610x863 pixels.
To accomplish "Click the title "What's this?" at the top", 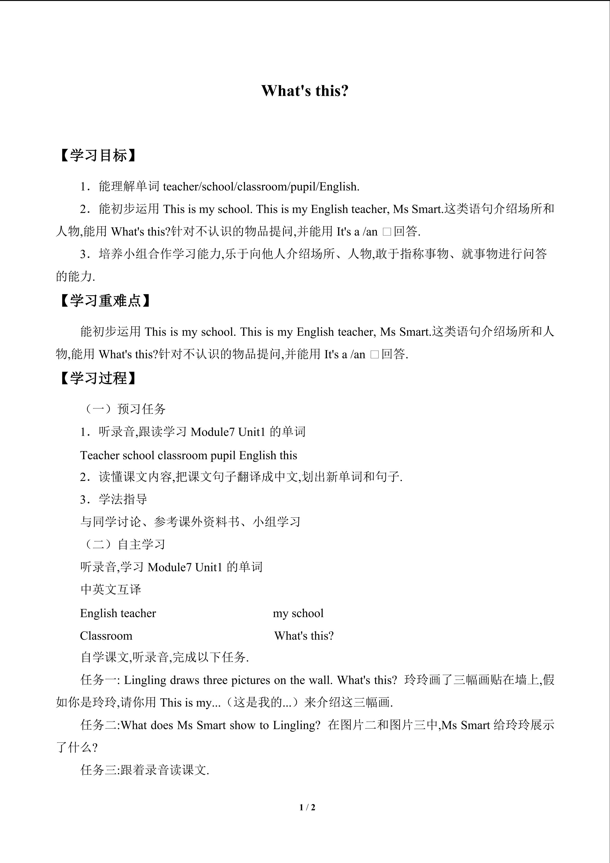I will point(305,90).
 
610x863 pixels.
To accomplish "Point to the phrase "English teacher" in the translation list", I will point(118,613).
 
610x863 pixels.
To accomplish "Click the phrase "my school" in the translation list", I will point(298,613).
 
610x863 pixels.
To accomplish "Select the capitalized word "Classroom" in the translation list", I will point(106,636).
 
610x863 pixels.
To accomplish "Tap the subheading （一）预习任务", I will point(123,409).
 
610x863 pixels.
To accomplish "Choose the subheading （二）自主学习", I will point(123,544).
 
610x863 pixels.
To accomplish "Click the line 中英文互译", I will point(111,589).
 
